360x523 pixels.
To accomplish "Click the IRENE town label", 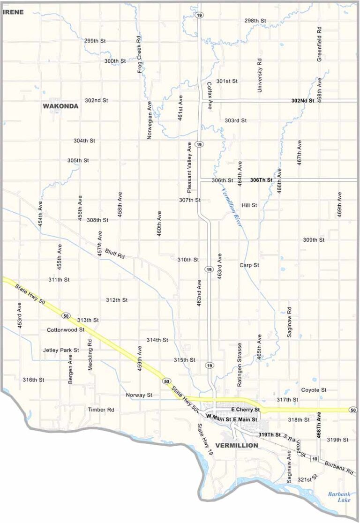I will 13,12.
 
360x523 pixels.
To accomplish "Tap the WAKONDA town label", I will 60,106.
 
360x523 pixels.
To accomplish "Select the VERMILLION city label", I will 236,445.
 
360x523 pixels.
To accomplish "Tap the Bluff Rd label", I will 115,254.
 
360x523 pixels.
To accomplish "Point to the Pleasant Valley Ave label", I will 189,167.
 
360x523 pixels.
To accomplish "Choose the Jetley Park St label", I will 61,350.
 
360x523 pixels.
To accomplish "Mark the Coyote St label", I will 314,390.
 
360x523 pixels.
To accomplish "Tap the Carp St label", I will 249,265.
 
